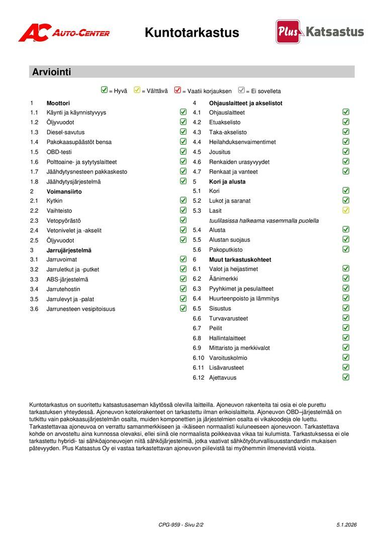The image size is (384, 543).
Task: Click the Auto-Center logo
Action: [64, 33]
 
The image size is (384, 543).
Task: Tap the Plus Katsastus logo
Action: [320, 32]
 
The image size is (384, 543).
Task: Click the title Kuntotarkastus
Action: [192, 33]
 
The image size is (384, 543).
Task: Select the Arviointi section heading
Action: [52, 72]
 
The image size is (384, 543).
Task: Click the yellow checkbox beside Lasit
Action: [346, 210]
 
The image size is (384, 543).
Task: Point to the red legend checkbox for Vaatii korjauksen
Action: [177, 90]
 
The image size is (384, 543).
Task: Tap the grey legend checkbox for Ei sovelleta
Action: [241, 90]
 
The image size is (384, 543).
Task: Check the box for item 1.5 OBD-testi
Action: [183, 151]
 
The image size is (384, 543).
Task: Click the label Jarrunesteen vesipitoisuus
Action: [80, 309]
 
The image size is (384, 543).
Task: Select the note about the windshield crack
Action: [264, 220]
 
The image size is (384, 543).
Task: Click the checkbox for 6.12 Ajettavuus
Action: [346, 377]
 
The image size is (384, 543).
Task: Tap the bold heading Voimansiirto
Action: [64, 192]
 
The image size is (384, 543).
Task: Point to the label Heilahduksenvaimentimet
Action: [242, 142]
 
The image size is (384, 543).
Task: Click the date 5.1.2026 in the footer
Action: [347, 525]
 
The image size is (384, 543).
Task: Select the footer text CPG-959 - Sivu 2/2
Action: [181, 525]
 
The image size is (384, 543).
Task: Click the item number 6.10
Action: [199, 358]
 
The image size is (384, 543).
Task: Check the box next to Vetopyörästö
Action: [183, 220]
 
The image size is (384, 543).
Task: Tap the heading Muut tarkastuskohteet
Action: [240, 259]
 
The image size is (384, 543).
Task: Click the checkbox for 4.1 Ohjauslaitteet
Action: [346, 112]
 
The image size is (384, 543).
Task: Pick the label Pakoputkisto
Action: [226, 249]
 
